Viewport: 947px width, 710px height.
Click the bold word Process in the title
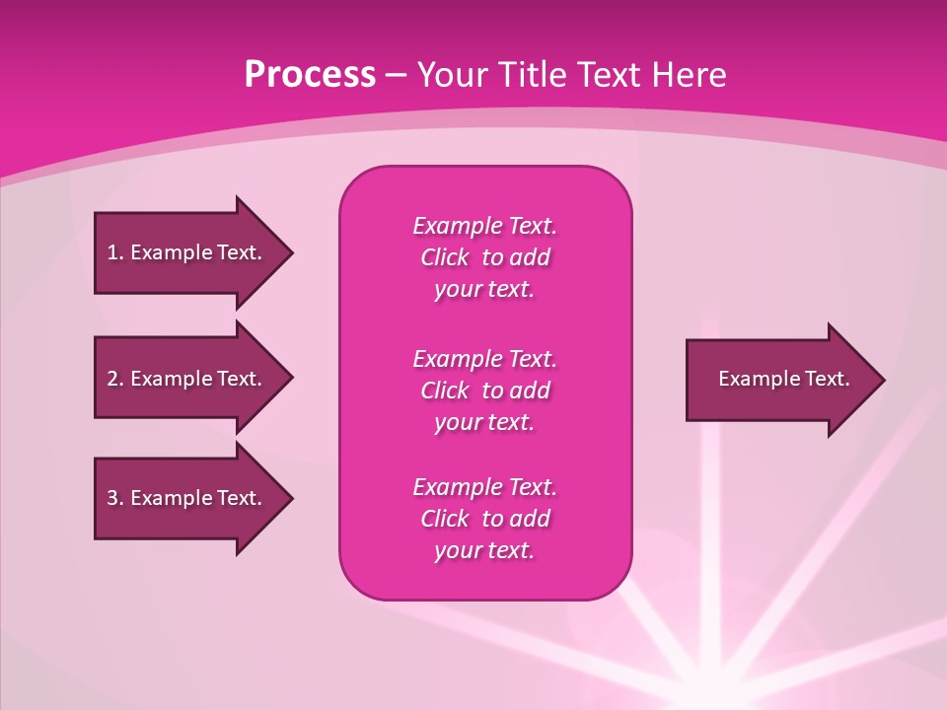click(x=310, y=75)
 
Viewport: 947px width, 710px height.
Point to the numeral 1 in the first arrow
click(x=112, y=252)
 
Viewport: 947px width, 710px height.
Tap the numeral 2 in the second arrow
click(x=112, y=379)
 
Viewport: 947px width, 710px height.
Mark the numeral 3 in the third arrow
click(x=112, y=498)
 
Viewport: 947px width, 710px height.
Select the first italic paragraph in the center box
click(x=484, y=257)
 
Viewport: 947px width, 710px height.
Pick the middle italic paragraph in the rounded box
click(x=484, y=390)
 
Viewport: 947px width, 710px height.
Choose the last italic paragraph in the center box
click(x=484, y=519)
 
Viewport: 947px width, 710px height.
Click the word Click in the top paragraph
click(x=445, y=257)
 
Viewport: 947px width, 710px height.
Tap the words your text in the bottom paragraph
click(x=484, y=550)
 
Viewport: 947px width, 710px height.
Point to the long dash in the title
click(x=396, y=75)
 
